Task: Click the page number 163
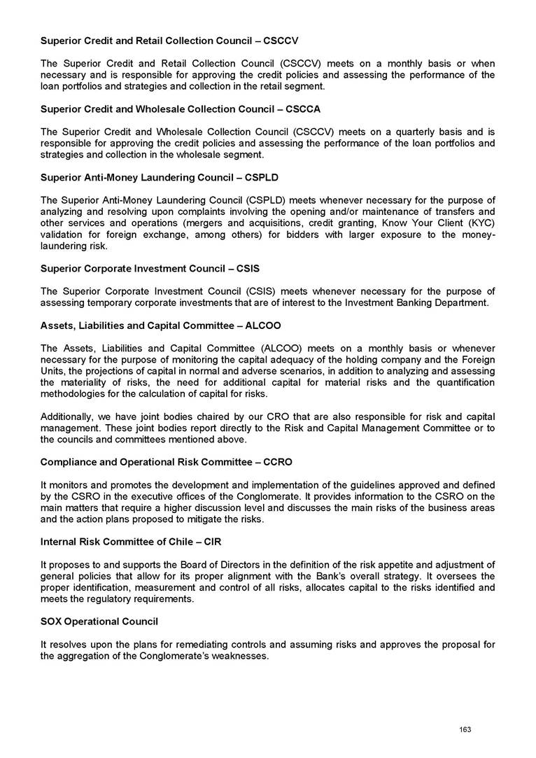tap(465, 729)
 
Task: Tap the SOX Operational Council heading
tap(99, 621)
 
